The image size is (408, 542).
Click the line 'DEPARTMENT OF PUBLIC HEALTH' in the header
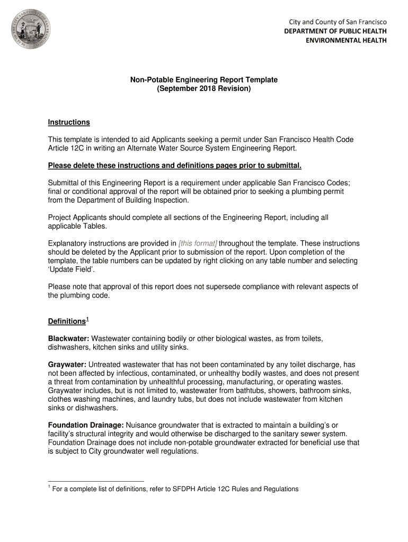point(335,31)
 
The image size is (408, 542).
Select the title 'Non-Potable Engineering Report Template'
point(204,79)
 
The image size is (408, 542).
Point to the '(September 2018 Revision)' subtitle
point(204,88)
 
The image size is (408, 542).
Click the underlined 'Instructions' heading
point(69,122)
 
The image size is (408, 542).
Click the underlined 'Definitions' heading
point(66,322)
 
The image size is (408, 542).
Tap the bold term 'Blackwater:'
point(69,338)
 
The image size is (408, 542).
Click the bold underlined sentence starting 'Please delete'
point(174,166)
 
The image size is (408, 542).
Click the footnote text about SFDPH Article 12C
point(175,489)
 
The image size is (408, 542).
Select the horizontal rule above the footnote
point(95,481)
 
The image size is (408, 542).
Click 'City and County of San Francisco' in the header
point(338,22)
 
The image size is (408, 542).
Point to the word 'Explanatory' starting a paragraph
point(68,243)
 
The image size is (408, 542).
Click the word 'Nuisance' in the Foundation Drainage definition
point(141,425)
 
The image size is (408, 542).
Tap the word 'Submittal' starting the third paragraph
point(64,182)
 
